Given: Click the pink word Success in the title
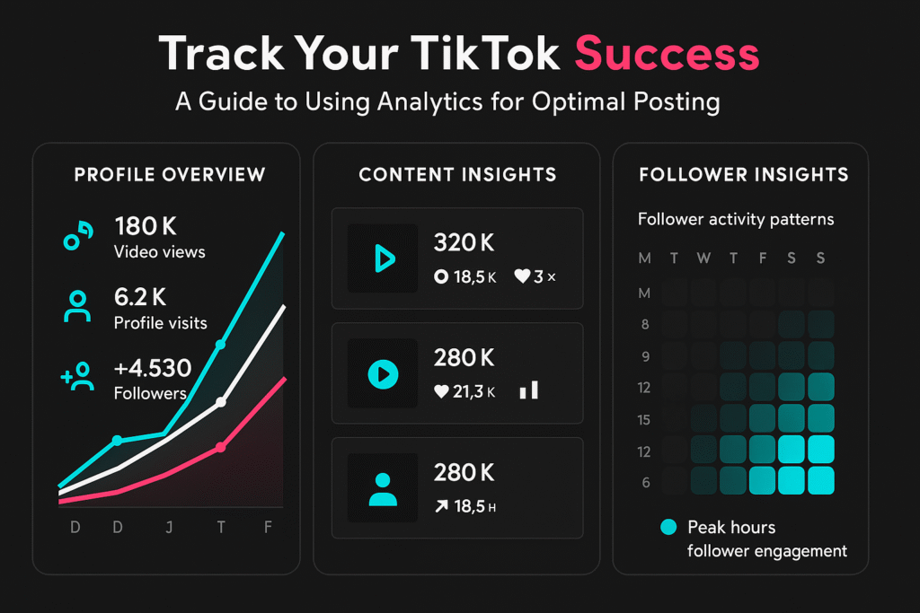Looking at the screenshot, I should [667, 55].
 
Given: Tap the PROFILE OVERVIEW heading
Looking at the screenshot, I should [170, 174].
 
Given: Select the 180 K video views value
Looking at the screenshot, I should [146, 226].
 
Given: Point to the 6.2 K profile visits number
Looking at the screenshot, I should [140, 296].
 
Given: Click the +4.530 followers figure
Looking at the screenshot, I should [153, 368].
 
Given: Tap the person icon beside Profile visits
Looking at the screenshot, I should [78, 306].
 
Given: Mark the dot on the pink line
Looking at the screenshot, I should [221, 447].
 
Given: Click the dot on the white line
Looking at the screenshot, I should [221, 402].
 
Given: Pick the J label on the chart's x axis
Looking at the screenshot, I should [169, 527].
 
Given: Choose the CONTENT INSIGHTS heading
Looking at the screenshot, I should [457, 174].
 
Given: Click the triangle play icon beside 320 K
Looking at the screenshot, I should [383, 258].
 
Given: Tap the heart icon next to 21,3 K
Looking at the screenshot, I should [441, 390].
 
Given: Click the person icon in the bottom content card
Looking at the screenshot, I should [383, 486].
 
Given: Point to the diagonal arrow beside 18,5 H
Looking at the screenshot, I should [441, 506].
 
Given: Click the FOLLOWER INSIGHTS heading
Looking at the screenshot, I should [743, 174].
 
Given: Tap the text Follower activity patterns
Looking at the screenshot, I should [736, 219].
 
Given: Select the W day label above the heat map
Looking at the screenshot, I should [703, 258].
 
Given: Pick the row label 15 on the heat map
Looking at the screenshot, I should [645, 419].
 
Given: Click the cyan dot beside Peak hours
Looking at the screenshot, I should [668, 528].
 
